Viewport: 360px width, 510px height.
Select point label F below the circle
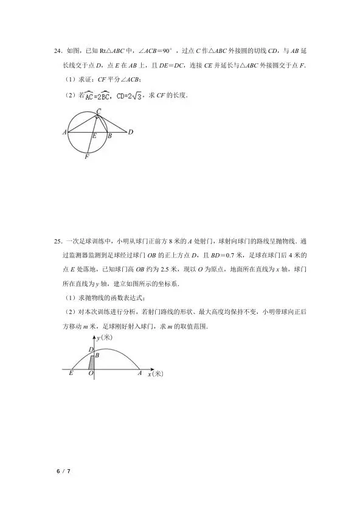coord(87,156)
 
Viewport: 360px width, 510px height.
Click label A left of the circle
coord(64,131)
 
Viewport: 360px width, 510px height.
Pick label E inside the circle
coord(94,137)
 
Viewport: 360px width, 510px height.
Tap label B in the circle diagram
coord(109,137)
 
